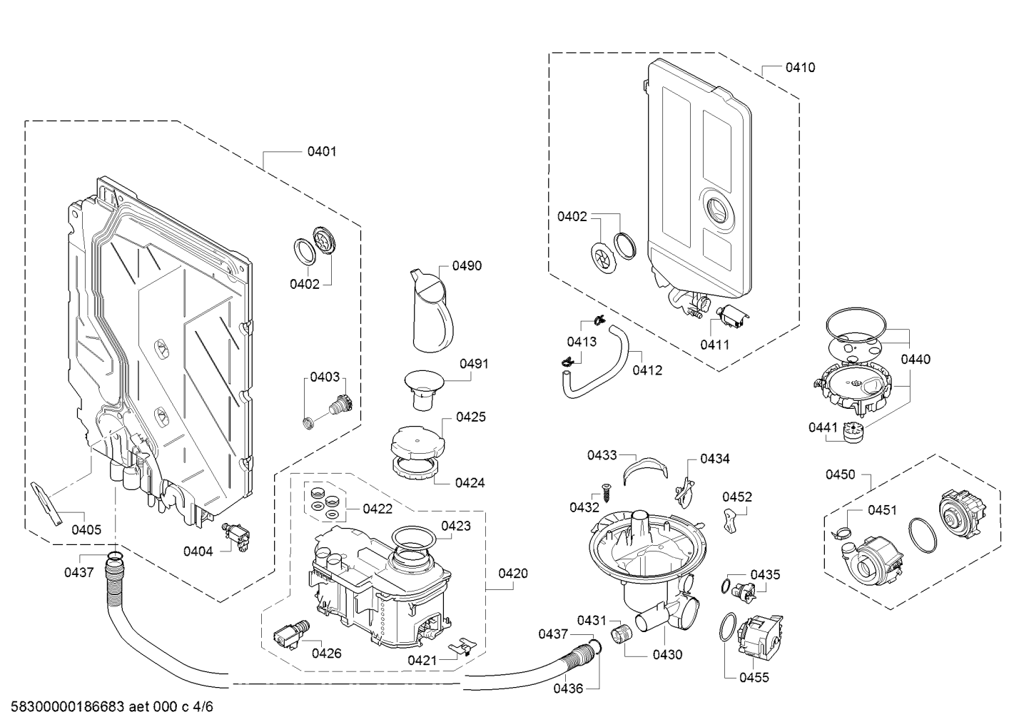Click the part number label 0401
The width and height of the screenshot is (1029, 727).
click(321, 151)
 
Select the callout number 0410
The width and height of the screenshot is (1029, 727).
click(800, 68)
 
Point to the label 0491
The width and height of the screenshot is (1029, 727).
click(473, 363)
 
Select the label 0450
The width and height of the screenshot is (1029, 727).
click(840, 474)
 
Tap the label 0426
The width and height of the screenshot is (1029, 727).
click(326, 653)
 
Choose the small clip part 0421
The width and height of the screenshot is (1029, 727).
click(462, 646)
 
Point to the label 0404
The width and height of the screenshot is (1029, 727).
click(198, 551)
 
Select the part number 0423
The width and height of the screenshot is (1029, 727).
click(456, 526)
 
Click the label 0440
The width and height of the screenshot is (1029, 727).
click(915, 359)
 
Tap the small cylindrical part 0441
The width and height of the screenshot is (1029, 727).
click(851, 432)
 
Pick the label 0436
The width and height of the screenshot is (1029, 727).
click(567, 688)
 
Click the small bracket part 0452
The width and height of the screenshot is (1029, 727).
click(729, 521)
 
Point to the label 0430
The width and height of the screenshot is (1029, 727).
click(667, 654)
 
